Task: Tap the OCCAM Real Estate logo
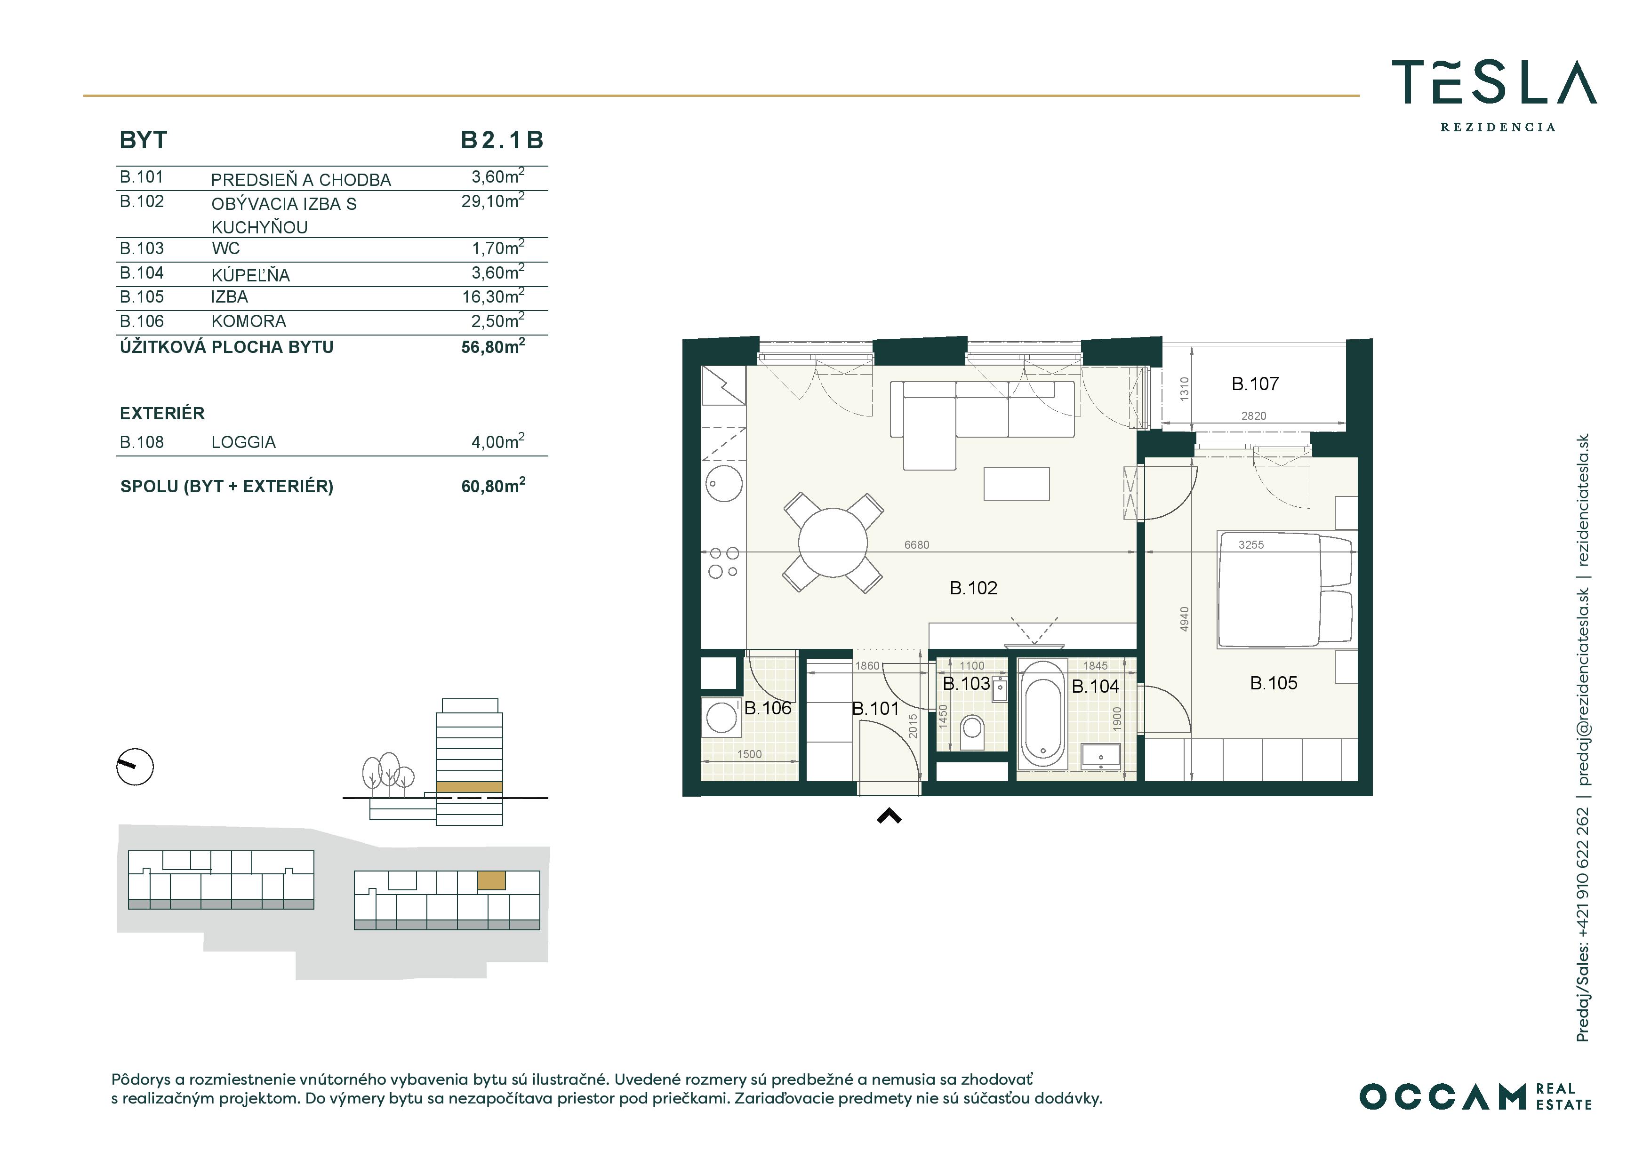coord(1475,1096)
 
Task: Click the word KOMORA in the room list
coord(249,321)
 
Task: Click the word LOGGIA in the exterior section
coord(243,442)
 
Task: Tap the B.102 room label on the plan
coord(974,588)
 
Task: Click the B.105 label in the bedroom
coord(1274,683)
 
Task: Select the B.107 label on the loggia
coord(1255,384)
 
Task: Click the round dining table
coord(833,542)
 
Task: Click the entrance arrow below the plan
coord(890,815)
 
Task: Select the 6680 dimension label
coord(917,545)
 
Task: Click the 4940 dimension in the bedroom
coord(1184,620)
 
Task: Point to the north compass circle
coord(135,767)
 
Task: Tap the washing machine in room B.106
coord(721,717)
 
